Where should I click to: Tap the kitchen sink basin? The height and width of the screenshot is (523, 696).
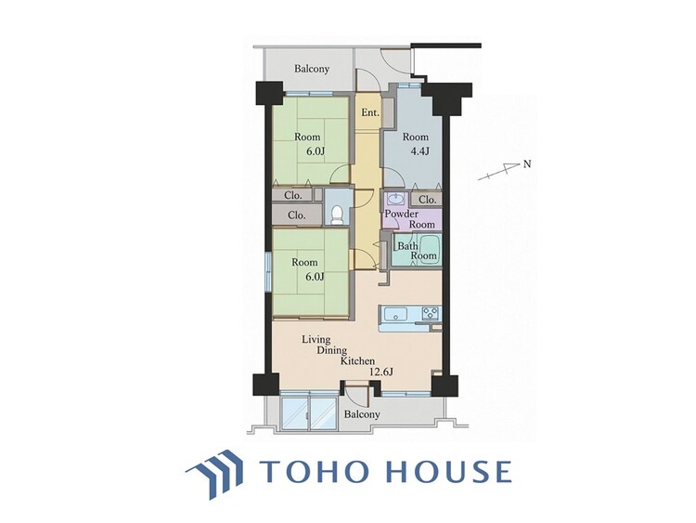coord(394,315)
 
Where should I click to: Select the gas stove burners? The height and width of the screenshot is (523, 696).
coord(430,313)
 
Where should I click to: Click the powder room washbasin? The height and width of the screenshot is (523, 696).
coord(393,197)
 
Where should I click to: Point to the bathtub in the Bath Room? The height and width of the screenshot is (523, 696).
coord(429,249)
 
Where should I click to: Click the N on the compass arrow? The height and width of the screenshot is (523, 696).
coord(526,164)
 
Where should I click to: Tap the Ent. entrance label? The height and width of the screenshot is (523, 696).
coord(370,112)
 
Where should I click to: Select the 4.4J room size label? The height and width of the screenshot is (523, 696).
coord(419,151)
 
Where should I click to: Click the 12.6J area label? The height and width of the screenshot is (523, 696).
coord(381,372)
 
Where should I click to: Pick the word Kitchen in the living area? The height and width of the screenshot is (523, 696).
coord(358,360)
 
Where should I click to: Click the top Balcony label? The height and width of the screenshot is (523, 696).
coord(312,69)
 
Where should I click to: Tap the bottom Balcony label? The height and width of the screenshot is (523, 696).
coord(362,414)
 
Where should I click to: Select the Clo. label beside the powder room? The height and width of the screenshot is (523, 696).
coord(428,200)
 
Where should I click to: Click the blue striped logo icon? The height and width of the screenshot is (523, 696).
coord(214,474)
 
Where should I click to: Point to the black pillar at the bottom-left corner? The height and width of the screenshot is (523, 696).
coord(266,385)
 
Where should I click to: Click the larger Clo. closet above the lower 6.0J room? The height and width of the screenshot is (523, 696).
coord(297,216)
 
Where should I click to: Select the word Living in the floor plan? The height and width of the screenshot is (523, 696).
coord(316,340)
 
